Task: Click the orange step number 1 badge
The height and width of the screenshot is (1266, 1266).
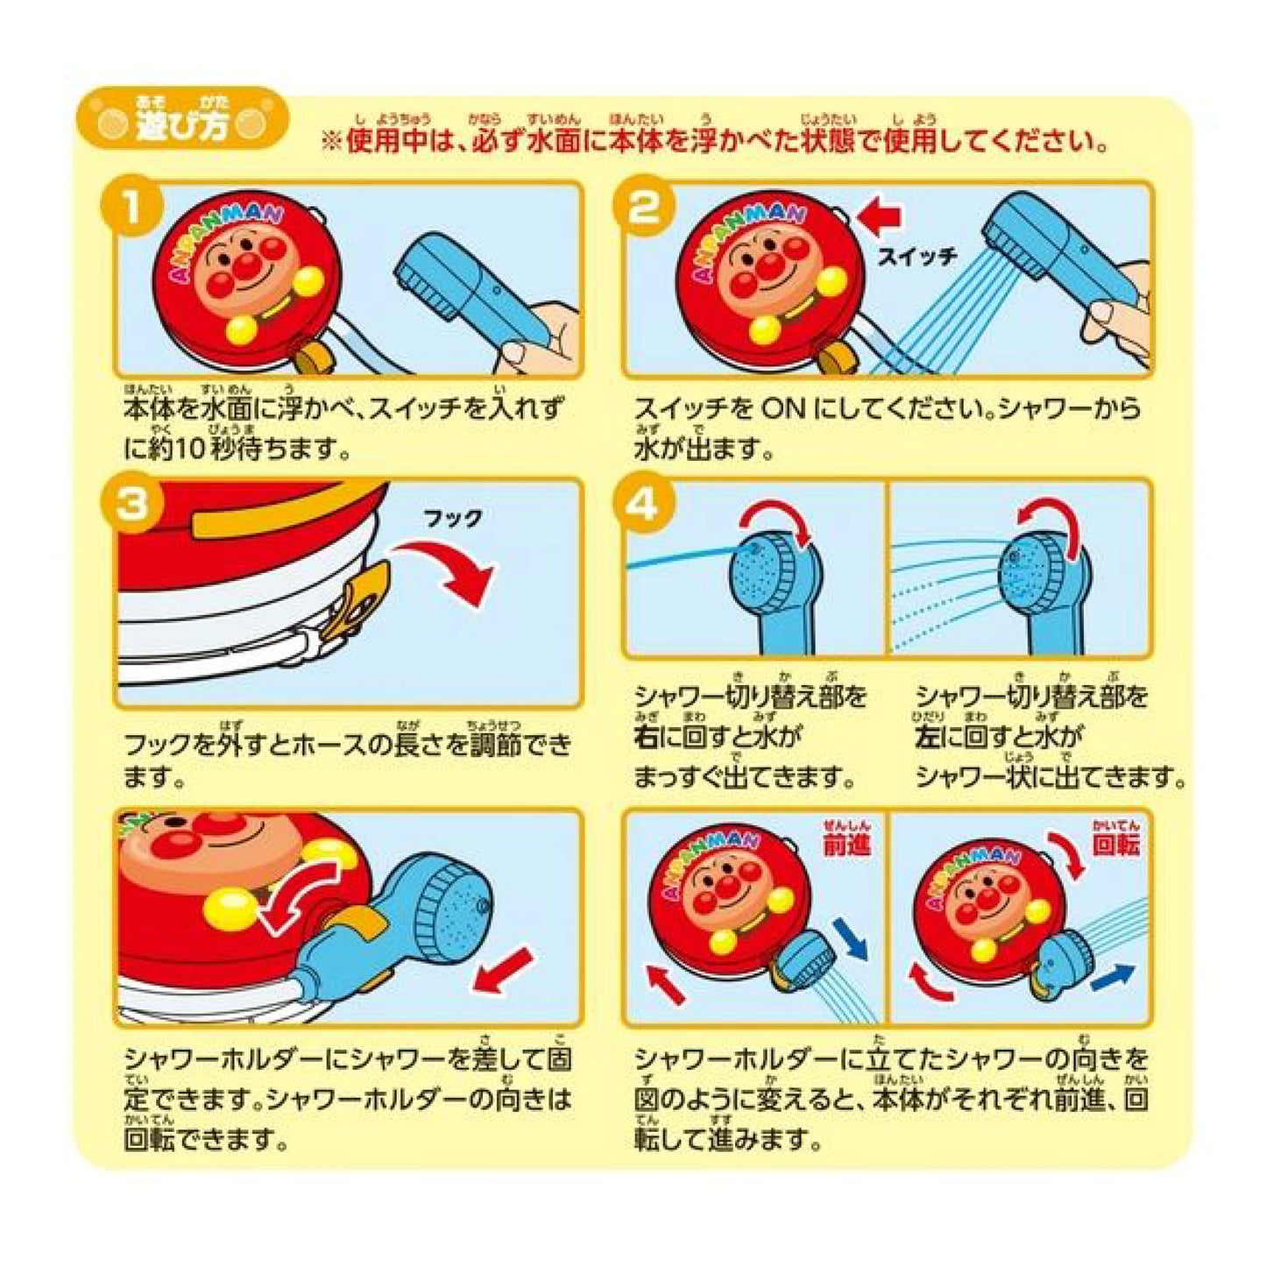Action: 132,211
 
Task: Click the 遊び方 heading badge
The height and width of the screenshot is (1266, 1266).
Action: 182,119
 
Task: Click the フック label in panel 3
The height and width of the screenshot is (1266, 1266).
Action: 453,519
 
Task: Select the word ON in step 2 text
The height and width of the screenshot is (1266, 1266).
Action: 785,409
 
